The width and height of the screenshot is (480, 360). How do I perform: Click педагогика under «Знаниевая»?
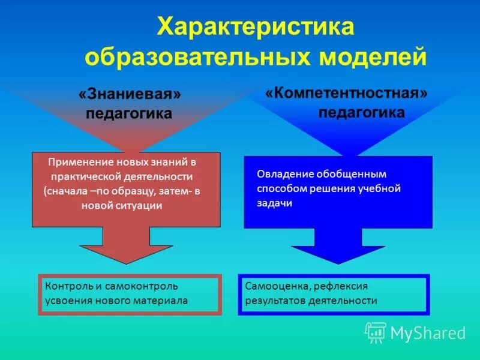[x=129, y=113]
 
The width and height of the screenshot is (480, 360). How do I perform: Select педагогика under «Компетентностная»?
[x=361, y=112]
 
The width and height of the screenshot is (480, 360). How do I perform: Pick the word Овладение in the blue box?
[x=281, y=174]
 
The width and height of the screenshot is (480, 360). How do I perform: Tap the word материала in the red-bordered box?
[x=161, y=301]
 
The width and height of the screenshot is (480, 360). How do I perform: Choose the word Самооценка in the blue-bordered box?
[x=275, y=286]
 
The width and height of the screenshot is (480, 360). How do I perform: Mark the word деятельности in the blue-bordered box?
[x=343, y=301]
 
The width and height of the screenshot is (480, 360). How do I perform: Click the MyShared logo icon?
[x=375, y=332]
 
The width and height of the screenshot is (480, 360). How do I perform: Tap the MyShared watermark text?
[x=428, y=333]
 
